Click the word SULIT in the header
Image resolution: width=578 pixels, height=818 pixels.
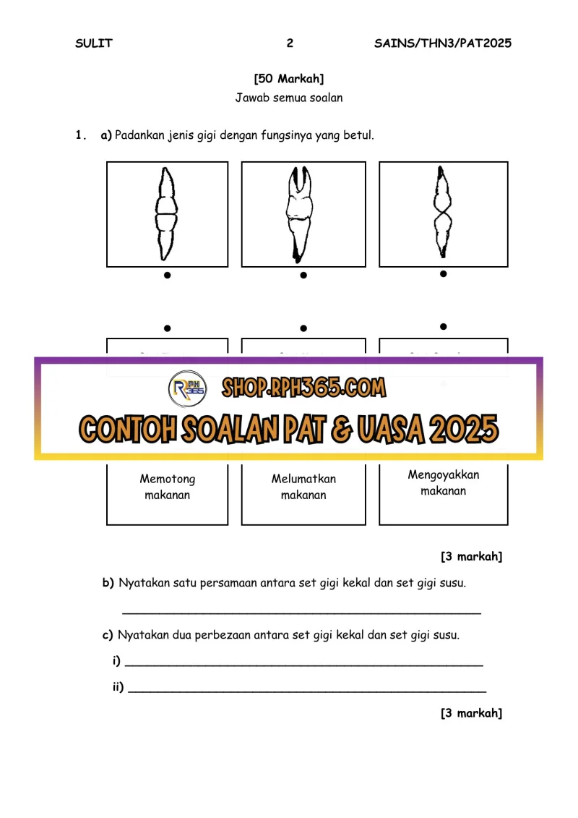pyautogui.click(x=94, y=43)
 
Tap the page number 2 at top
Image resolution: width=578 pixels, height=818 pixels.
pyautogui.click(x=290, y=43)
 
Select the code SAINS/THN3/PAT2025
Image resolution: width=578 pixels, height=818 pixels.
pyautogui.click(x=443, y=43)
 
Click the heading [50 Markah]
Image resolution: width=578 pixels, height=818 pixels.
pyautogui.click(x=289, y=79)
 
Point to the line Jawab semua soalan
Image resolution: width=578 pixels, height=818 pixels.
pyautogui.click(x=289, y=98)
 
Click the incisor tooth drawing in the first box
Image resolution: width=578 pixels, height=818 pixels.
pyautogui.click(x=166, y=213)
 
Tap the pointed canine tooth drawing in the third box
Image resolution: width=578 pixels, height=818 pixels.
pyautogui.click(x=442, y=213)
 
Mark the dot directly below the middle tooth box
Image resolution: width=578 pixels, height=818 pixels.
pyautogui.click(x=303, y=275)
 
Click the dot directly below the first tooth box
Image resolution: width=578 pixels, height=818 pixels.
pyautogui.click(x=167, y=275)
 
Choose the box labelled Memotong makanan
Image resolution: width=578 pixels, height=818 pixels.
pyautogui.click(x=168, y=487)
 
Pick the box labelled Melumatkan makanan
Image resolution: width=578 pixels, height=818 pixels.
pyautogui.click(x=303, y=487)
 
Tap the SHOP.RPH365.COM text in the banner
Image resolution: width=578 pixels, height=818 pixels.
pyautogui.click(x=304, y=388)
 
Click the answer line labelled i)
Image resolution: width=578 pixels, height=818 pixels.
pyautogui.click(x=303, y=663)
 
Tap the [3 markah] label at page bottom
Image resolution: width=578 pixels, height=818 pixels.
pyautogui.click(x=471, y=713)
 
